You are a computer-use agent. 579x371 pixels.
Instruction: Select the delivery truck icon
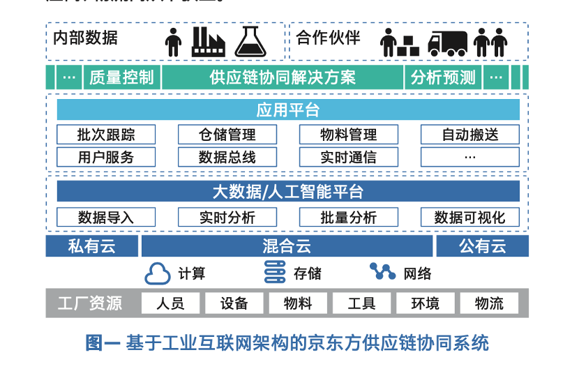[447, 43]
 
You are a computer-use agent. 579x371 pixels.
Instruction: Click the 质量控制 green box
[121, 77]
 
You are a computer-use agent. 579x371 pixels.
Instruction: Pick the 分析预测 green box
[443, 77]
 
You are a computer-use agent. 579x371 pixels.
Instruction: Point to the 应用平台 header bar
[288, 109]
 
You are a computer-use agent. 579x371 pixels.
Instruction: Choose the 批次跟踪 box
[106, 135]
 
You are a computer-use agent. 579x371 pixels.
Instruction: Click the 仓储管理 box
[227, 135]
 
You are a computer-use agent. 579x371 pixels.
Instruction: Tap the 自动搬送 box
[470, 135]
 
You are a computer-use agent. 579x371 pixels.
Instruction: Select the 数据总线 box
[227, 157]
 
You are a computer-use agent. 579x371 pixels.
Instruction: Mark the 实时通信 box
[349, 157]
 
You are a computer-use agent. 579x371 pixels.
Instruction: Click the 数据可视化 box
[470, 217]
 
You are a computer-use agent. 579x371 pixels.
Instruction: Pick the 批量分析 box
[349, 217]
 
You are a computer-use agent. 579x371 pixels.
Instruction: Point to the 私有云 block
[91, 246]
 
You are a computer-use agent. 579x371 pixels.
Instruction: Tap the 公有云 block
[483, 246]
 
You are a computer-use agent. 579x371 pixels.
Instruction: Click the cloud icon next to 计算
[158, 273]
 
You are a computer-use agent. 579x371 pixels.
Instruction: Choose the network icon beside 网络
[382, 271]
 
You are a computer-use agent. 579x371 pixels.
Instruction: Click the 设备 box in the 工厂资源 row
[234, 303]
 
